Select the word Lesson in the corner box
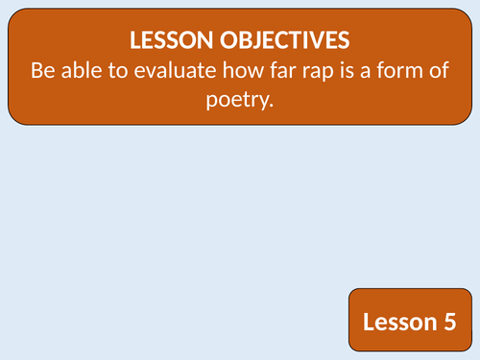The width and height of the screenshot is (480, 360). coord(396,323)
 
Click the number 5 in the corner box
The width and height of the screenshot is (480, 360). coord(448,323)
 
